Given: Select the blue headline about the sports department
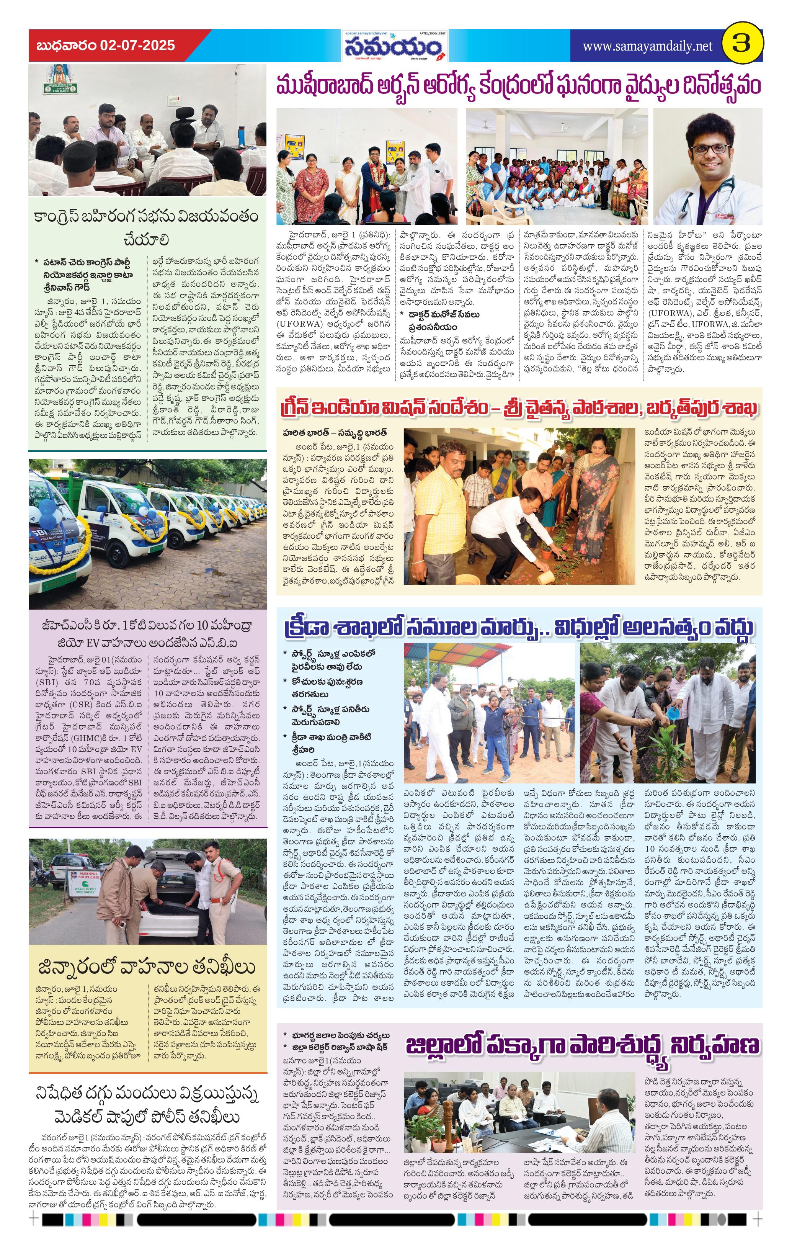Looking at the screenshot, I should coord(519,628).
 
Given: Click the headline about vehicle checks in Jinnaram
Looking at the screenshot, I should coord(147,967).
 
